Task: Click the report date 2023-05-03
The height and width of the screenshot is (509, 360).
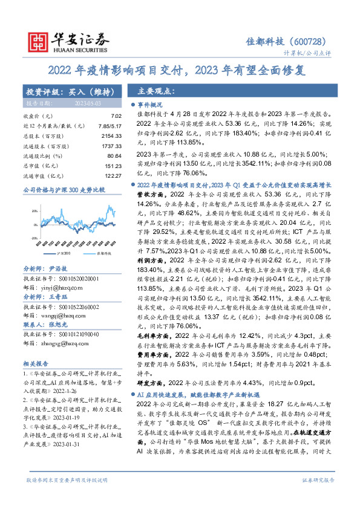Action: [88, 104]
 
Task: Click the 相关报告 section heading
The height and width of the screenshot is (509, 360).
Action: [36, 364]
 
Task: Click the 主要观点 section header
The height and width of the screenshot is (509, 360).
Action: [156, 92]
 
